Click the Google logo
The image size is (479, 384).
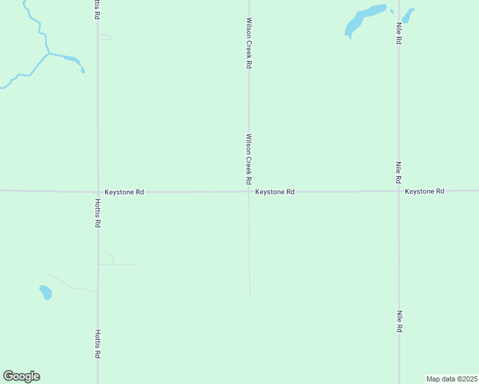coord(21,376)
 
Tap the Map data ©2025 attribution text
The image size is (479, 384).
coord(451,379)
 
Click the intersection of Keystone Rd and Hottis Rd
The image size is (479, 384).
coord(98,191)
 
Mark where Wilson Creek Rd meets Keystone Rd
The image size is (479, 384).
coord(249,191)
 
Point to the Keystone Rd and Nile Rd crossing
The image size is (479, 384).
coord(398,191)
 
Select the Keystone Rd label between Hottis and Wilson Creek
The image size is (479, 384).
coord(124,191)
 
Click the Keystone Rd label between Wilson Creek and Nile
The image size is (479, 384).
coord(275,191)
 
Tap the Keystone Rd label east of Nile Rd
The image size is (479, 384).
coord(424,191)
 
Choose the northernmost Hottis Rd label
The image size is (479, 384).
coord(96,8)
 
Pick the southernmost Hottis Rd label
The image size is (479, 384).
coord(98,344)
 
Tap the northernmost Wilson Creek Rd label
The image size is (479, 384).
coord(249,43)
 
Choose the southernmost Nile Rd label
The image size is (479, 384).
coord(398,321)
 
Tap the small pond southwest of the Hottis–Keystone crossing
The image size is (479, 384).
coord(45,292)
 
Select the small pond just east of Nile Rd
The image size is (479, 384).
coord(407,14)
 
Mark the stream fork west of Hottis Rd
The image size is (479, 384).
coord(48,53)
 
